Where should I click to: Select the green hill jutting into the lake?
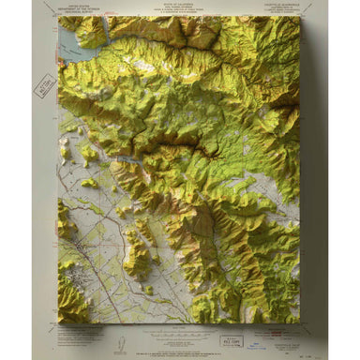click(x=91, y=34)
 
